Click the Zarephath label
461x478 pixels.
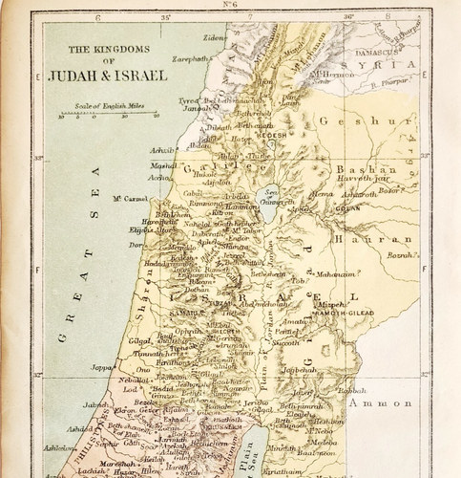tap(192, 58)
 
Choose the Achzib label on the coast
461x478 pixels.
tap(164, 150)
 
